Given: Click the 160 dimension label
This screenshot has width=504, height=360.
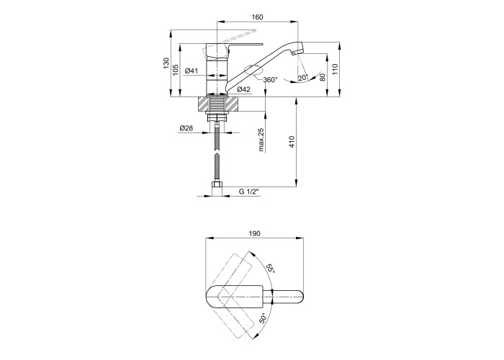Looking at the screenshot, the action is [258, 17].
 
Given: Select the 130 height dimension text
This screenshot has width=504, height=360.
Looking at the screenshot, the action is [166, 63].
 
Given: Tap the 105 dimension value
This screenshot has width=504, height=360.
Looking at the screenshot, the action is [176, 70].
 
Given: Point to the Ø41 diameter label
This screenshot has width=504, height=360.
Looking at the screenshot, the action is [192, 71].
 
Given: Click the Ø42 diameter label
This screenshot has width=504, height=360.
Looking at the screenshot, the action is [243, 90].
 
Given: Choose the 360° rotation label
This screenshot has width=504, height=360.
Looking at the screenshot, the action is [270, 79].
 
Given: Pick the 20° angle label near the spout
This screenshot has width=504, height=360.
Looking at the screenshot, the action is [303, 78].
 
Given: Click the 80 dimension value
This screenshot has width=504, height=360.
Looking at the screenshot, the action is [323, 77].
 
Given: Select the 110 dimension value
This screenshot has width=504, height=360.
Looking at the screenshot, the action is [336, 69].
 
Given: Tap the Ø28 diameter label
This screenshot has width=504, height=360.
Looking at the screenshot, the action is [186, 128].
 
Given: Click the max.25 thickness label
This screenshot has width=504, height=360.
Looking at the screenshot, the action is [261, 139].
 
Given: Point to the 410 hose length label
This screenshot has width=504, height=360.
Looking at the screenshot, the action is [292, 142].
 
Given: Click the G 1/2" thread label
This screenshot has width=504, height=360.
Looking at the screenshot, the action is [249, 192].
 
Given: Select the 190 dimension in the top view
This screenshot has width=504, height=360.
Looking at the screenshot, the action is [255, 234].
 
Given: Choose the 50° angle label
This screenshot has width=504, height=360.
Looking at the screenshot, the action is [262, 318].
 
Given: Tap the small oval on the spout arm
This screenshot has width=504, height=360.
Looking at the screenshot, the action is [252, 69].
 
